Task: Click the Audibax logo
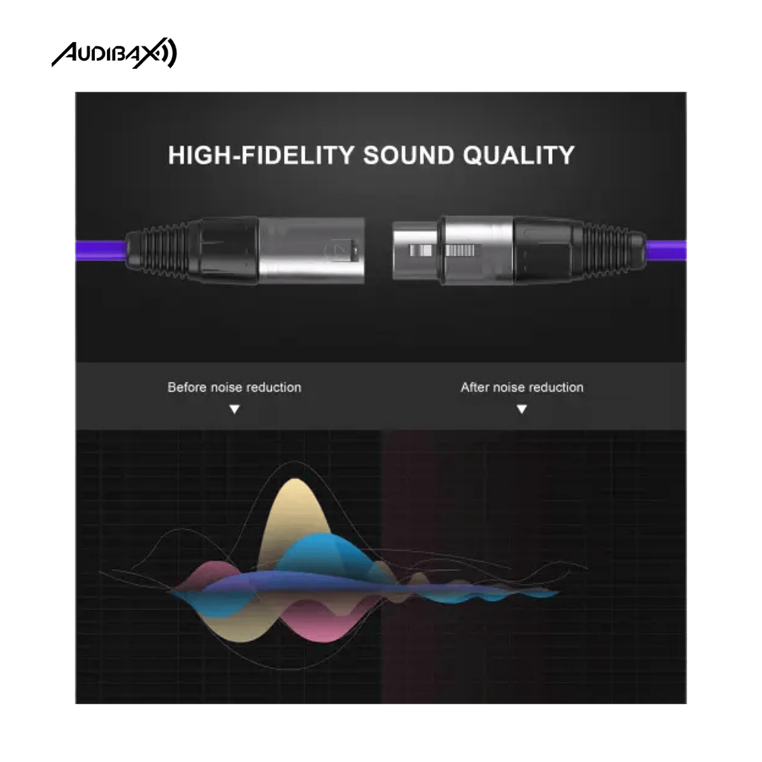tap(114, 54)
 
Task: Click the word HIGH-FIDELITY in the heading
tap(261, 155)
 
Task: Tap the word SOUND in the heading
tap(408, 155)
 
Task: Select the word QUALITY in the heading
tap(519, 155)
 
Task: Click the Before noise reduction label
tap(234, 387)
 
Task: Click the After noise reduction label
tap(521, 387)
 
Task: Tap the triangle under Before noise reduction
tap(234, 409)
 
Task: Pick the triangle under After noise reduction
tap(521, 409)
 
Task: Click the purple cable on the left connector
tap(97, 251)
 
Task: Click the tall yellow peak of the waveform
tap(294, 508)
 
